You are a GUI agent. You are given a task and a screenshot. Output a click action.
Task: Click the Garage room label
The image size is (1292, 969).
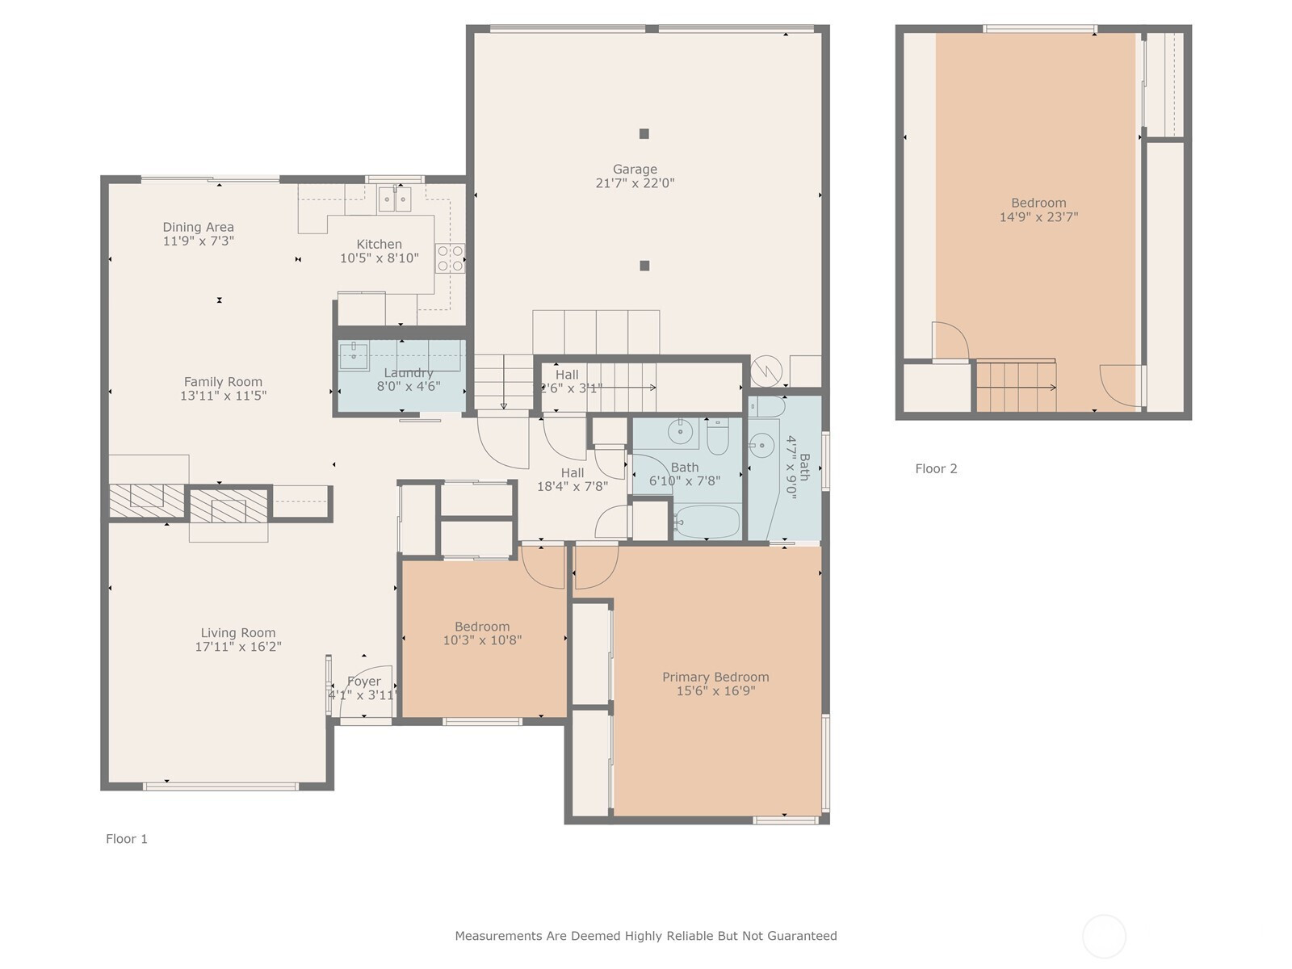[x=635, y=169]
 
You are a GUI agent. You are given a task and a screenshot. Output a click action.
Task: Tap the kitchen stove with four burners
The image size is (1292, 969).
[x=450, y=258]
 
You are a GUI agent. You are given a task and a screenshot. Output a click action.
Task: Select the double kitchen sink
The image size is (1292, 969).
[x=395, y=199]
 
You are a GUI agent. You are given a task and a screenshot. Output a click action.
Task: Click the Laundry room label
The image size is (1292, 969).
[x=408, y=372]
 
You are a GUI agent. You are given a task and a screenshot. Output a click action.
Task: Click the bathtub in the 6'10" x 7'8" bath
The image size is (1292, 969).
[x=707, y=522]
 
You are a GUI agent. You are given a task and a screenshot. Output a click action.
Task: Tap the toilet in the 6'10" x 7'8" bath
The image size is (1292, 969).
[x=718, y=437]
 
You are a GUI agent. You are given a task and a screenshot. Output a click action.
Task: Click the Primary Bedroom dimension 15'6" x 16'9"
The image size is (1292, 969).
[x=715, y=691]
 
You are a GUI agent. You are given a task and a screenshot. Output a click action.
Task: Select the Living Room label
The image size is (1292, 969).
[x=238, y=633]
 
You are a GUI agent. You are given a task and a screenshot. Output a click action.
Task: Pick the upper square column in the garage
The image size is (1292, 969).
[x=644, y=134]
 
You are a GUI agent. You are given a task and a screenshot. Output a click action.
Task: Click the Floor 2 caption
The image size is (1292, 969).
[x=936, y=468]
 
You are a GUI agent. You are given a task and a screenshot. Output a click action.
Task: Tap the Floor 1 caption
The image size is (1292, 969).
[x=127, y=839]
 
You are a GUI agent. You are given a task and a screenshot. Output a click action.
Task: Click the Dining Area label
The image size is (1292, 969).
[x=198, y=227]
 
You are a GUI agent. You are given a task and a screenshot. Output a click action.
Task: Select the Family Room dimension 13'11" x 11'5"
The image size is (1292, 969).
[x=223, y=396]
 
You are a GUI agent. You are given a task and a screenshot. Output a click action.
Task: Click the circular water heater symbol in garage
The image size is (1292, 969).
[x=766, y=372]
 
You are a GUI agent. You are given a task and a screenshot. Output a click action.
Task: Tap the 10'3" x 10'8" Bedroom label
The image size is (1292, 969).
[x=482, y=627]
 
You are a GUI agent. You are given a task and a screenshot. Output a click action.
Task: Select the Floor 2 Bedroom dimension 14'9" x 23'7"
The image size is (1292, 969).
[x=1038, y=217]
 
